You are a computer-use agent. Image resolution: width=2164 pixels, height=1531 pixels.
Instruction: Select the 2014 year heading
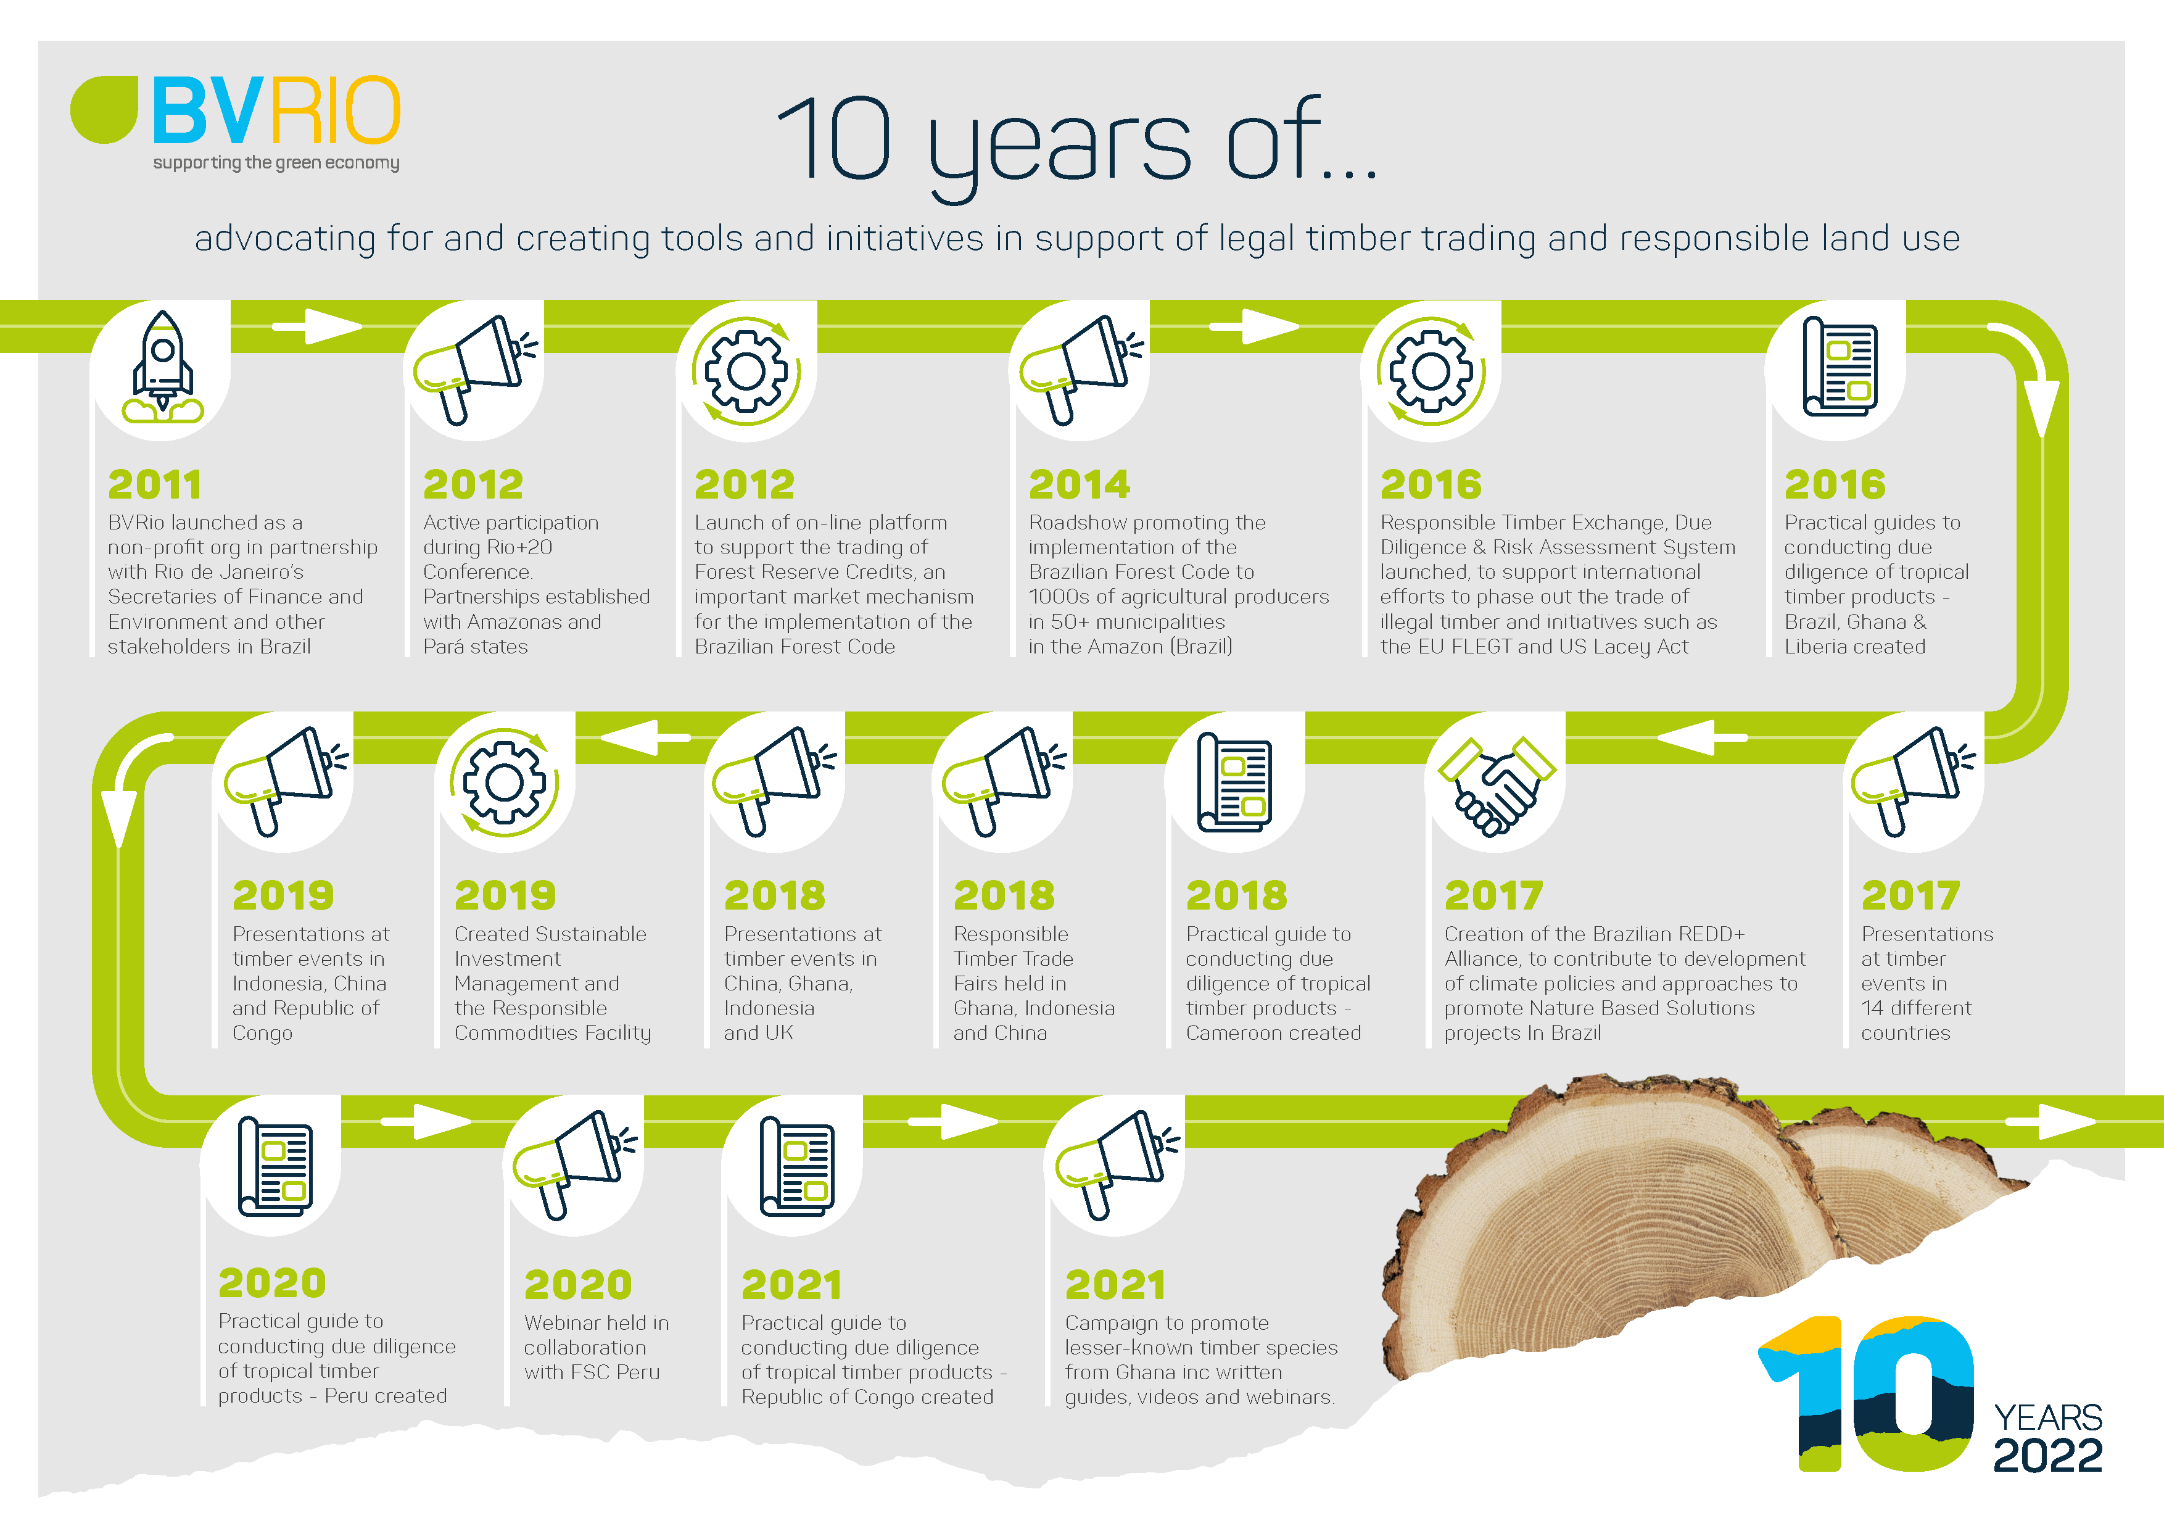tap(1079, 484)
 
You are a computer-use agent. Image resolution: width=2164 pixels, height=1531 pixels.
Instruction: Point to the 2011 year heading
tap(155, 484)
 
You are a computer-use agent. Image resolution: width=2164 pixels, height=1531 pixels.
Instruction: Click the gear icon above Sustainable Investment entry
tap(504, 782)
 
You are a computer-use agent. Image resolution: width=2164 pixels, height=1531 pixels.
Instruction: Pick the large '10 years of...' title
tap(1077, 141)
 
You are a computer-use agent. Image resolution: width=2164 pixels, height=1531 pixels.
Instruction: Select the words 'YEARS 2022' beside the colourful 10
tap(2048, 1438)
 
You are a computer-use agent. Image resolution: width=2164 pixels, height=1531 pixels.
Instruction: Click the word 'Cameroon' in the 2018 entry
tap(1231, 1033)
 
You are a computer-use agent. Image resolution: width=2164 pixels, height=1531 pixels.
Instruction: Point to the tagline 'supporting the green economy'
tap(276, 163)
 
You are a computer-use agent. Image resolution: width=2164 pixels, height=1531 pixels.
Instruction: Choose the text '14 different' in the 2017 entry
tap(1916, 1008)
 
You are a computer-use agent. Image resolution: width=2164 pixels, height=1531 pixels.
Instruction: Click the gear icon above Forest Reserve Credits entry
tap(746, 370)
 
